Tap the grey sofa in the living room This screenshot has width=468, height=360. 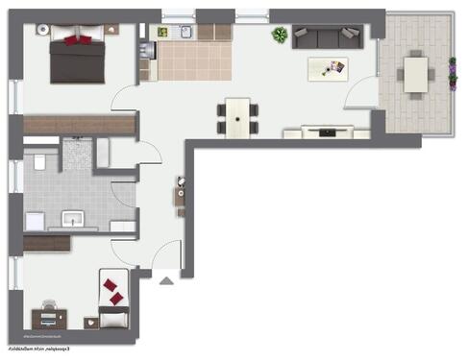[x=326, y=37]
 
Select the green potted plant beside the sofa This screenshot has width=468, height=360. [x=280, y=36]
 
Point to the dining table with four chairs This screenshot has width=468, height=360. [x=237, y=114]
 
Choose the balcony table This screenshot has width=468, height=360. [x=416, y=73]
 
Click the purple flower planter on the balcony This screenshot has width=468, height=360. [x=452, y=73]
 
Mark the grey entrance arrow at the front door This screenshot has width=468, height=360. [x=165, y=281]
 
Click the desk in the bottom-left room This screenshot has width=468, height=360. [x=46, y=313]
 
